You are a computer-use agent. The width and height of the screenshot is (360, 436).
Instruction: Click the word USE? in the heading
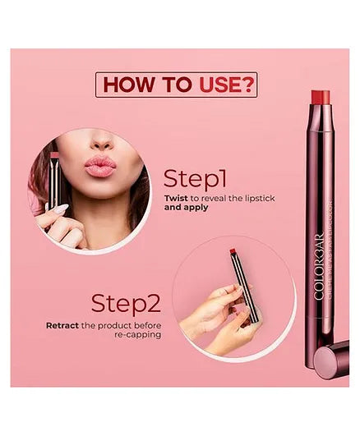click(x=225, y=85)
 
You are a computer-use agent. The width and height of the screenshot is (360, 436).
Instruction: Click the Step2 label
click(x=125, y=303)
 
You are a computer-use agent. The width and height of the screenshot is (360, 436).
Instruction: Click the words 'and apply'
click(x=186, y=209)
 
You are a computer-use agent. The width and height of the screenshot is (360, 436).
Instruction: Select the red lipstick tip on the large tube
click(x=321, y=98)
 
